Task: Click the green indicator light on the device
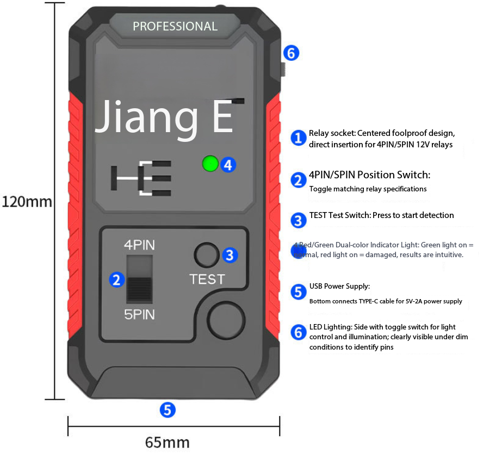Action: pos(210,163)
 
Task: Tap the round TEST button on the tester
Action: pos(207,254)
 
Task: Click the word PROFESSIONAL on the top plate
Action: pos(175,26)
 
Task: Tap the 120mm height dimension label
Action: pos(27,202)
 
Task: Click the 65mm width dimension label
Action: pos(168,441)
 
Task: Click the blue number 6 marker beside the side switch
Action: pos(292,53)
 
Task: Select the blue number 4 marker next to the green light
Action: pos(228,164)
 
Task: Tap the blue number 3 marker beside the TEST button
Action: pos(230,254)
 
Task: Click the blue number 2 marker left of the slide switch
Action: pos(116,279)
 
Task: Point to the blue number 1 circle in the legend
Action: pos(298,138)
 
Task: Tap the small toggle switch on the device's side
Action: pos(283,70)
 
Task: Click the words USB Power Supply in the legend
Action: pos(339,286)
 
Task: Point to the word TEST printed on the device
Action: pos(207,279)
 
